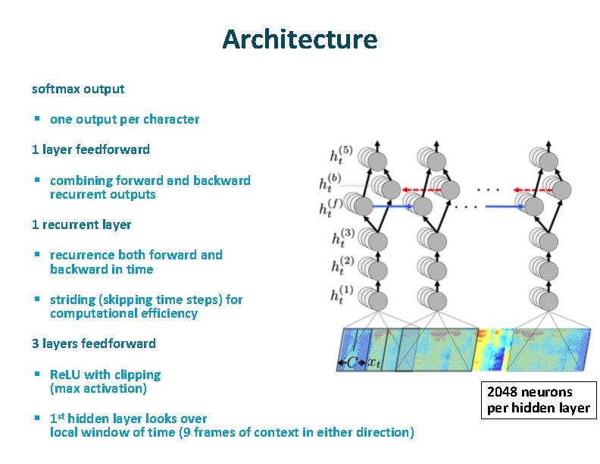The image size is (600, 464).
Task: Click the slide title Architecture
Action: (299, 39)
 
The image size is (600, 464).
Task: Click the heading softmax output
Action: (78, 89)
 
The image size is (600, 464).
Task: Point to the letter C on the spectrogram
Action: (352, 362)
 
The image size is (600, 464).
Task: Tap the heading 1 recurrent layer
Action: (81, 225)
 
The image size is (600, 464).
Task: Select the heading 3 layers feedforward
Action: (93, 343)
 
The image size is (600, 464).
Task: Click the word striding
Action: (72, 299)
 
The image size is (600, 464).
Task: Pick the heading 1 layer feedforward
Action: (90, 149)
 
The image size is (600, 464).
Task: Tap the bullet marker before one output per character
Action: (36, 119)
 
